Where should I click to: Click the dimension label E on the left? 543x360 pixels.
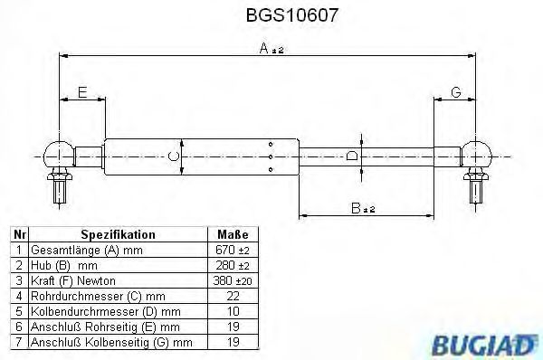(81, 92)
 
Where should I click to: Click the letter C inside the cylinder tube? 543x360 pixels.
(173, 157)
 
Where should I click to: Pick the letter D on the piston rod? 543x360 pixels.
(352, 156)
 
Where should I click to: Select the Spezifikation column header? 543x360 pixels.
(118, 233)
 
